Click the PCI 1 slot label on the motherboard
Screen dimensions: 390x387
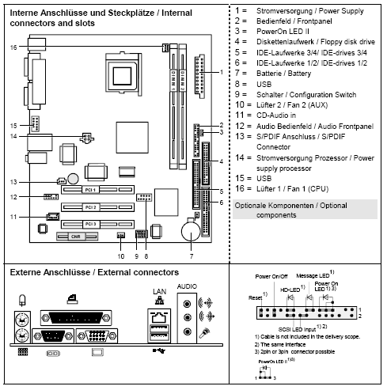(90, 191)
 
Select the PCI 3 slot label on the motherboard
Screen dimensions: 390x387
(90, 225)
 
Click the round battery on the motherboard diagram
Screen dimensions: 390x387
(191, 231)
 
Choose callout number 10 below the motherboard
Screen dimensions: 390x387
(120, 255)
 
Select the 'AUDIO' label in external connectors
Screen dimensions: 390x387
(188, 285)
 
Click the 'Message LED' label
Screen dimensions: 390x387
(317, 275)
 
